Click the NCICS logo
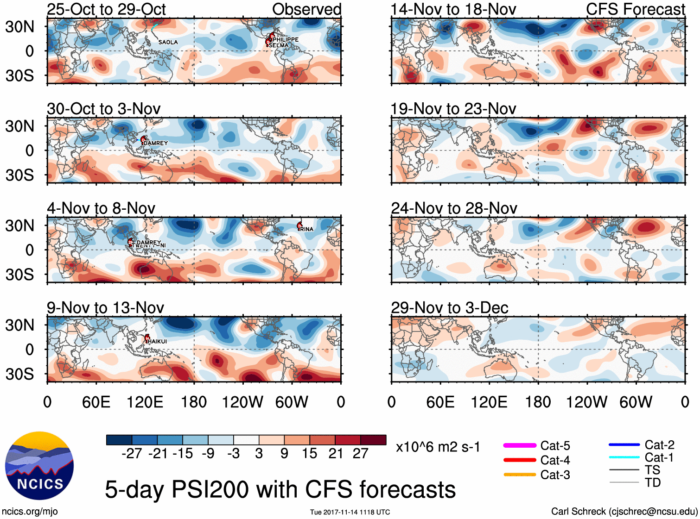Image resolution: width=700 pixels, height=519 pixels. coord(39,466)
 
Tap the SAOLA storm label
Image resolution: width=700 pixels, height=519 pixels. coord(168,42)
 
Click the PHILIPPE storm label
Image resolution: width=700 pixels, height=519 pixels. coord(286,39)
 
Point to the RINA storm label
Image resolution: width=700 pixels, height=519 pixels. coord(306,229)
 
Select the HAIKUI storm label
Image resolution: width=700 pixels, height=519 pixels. coord(157,341)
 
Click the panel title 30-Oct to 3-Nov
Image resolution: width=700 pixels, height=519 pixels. coord(103,109)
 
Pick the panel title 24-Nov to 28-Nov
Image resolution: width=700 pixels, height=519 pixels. coord(454,208)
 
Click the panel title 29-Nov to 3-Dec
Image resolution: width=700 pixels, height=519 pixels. coord(449,308)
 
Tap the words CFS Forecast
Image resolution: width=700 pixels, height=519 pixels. coord(635,9)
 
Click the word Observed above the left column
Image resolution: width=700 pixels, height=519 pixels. coord(306,9)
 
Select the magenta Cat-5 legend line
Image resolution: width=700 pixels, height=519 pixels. coord(520,445)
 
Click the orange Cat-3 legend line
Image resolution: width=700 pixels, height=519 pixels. coord(520,475)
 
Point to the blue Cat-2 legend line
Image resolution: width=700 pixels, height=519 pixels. coord(624,445)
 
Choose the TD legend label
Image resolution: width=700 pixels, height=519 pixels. coord(653,482)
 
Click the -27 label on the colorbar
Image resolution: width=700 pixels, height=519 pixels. coord(132,453)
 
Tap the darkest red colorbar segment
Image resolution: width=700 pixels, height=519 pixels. coord(373,440)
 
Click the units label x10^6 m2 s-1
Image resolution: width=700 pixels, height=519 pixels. coord(438,447)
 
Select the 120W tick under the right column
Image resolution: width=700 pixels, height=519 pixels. coord(586,402)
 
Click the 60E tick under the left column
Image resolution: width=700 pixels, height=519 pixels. coord(96,402)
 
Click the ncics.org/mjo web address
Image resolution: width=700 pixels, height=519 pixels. coord(30,511)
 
